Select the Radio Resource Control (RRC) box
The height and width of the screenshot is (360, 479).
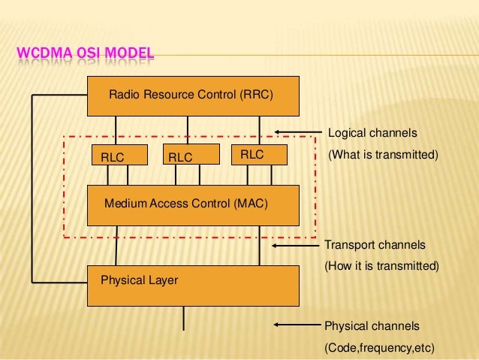pos(192,96)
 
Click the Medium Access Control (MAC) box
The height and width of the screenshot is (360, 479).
pos(192,204)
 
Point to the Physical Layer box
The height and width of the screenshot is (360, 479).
pos(192,285)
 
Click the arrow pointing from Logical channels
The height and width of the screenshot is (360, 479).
pos(299,133)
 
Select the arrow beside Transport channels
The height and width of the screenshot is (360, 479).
pos(295,245)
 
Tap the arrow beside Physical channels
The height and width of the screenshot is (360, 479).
pos(297,325)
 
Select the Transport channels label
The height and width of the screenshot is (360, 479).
pos(375,246)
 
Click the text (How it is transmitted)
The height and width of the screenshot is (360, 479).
pos(381,266)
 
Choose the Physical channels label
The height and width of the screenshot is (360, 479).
pos(372,326)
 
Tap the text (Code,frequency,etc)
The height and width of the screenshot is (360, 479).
pos(379,348)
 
